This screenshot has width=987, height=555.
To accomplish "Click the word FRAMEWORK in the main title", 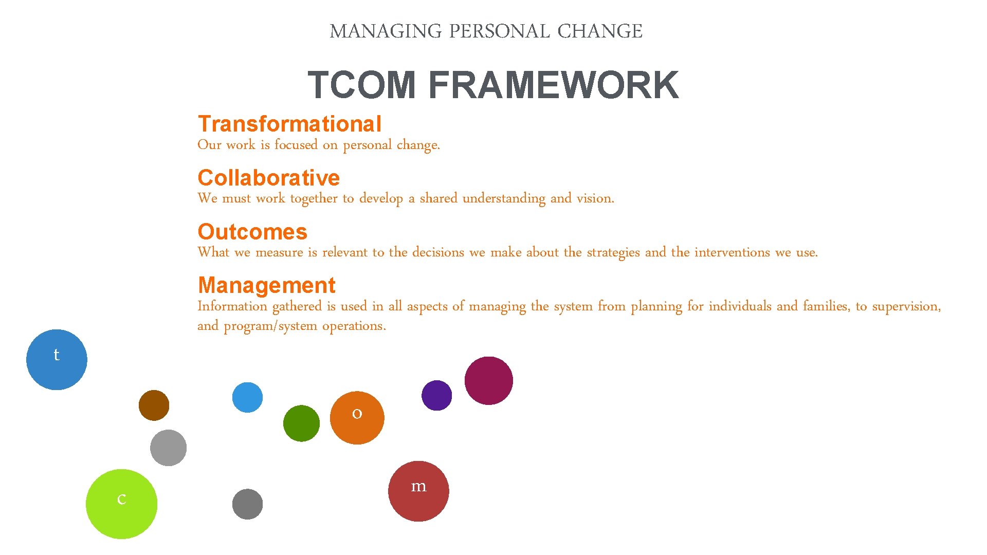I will coord(553,85).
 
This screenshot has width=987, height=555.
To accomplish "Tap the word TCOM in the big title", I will coord(361,85).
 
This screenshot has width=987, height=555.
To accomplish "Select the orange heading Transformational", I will coord(289,124).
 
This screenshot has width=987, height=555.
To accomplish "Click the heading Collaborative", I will coord(268,178).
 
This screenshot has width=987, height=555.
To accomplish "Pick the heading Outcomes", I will coord(252,232).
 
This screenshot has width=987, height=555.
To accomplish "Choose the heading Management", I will coord(266,285).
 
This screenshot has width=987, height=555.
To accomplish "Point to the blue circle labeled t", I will coord(57,360).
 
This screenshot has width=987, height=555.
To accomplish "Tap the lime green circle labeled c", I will coord(121,504).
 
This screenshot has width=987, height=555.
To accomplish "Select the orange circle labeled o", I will coord(357,418).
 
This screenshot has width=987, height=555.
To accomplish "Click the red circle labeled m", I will coord(418,491).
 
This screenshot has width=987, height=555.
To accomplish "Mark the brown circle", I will coord(154,405).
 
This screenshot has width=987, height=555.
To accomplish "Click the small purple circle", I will coord(436,395).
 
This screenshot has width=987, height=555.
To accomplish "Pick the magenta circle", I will coord(488,381).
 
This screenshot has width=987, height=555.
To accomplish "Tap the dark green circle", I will coord(301,423).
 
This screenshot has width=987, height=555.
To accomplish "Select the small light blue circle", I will coord(247,397).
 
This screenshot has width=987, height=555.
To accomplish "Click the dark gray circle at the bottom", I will coord(247,504).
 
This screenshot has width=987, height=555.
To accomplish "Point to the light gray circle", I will coord(168,448).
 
